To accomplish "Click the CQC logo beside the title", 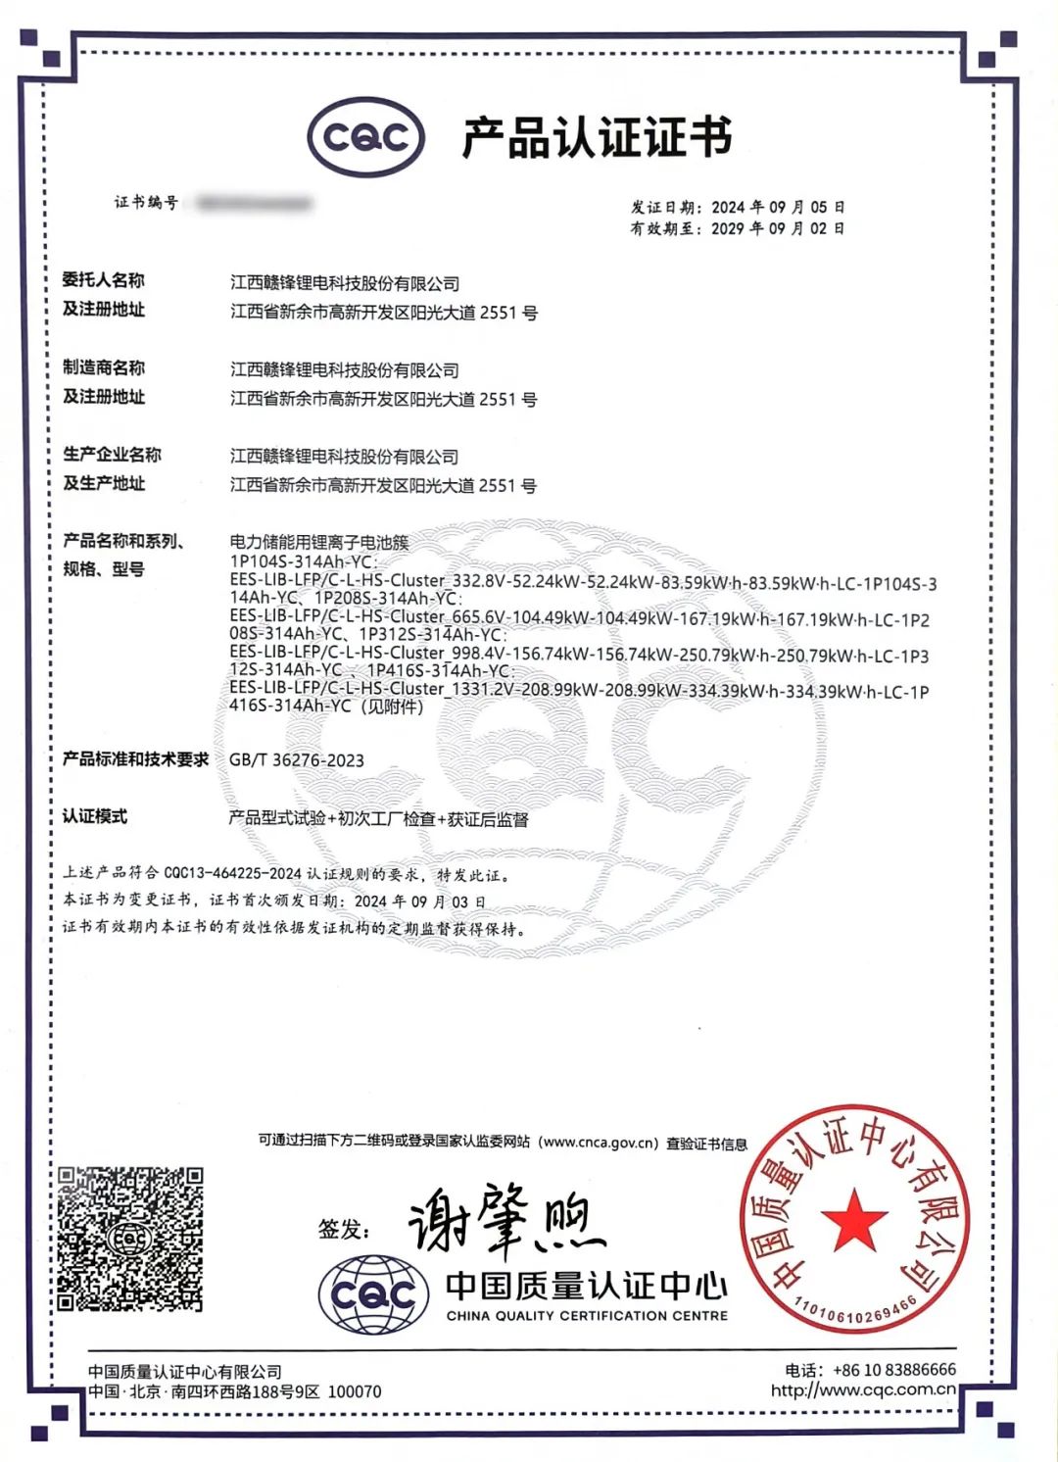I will pos(366,137).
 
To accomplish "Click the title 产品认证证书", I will pos(597,137).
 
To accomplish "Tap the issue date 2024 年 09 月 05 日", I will pos(778,207).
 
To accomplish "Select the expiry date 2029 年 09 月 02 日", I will pos(778,228).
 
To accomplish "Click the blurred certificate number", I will pos(254,203).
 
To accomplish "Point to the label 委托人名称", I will pos(104,280).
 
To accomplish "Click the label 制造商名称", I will pos(104,367).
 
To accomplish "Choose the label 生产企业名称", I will pos(112,454).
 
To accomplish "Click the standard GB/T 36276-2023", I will pos(296,760).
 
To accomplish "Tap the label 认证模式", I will pos(95,816).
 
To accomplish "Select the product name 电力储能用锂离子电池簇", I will pos(319,542).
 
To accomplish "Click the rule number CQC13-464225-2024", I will pos(232,873).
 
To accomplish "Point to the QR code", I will pos(129,1239).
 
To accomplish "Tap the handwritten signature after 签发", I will pos(505,1221).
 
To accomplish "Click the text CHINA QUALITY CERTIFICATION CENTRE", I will pos(587,1316).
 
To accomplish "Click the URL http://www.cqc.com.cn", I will pos(862,1389).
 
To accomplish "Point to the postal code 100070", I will pos(354,1391).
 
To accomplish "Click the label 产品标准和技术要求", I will pos(136,759).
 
